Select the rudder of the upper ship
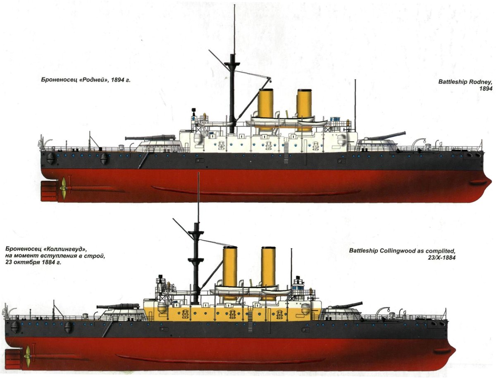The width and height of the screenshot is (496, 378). click(49, 191)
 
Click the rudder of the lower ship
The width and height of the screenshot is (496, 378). click(13, 359)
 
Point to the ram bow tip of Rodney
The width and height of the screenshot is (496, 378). click(491, 181)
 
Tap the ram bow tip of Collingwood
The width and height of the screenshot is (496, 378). click(454, 352)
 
